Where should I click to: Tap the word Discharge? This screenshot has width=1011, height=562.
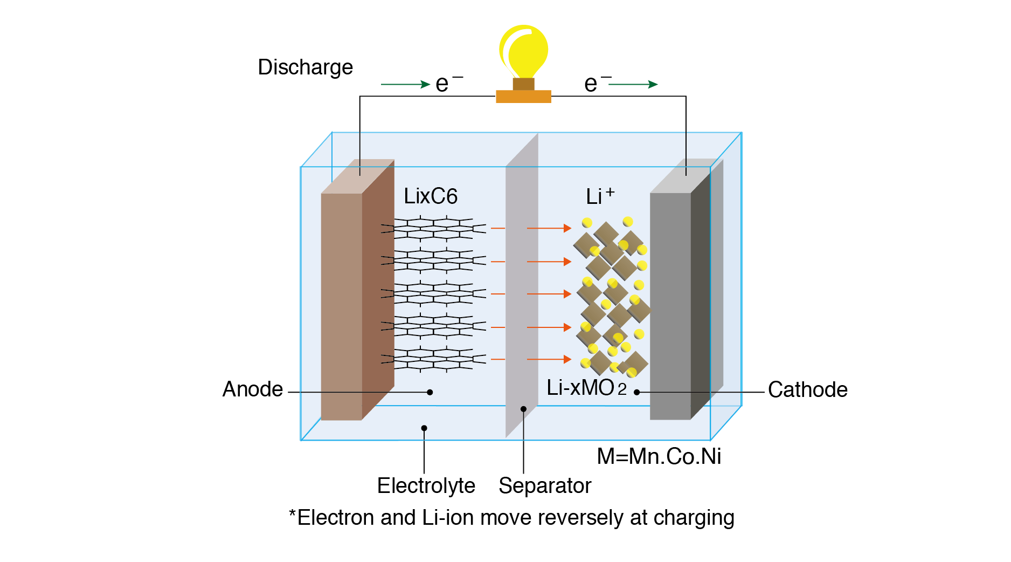(305, 67)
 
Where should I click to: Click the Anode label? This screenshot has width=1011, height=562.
(252, 389)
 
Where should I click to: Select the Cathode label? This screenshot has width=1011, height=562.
(807, 389)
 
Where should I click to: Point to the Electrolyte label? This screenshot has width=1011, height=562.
(426, 485)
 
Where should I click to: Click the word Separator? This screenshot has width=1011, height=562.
(544, 485)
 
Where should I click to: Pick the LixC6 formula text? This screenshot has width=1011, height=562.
(431, 196)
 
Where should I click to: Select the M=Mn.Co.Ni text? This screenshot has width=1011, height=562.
(659, 456)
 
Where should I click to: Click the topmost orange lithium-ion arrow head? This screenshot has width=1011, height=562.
(567, 228)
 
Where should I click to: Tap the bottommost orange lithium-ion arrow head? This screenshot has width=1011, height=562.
(567, 359)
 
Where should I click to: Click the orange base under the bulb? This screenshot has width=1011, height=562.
(523, 97)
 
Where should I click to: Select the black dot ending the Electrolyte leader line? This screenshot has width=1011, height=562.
(424, 428)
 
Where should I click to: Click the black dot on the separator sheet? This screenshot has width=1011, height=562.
(523, 409)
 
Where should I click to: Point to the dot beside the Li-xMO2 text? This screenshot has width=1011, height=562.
(636, 392)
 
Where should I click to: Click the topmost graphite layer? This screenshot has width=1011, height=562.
(434, 228)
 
